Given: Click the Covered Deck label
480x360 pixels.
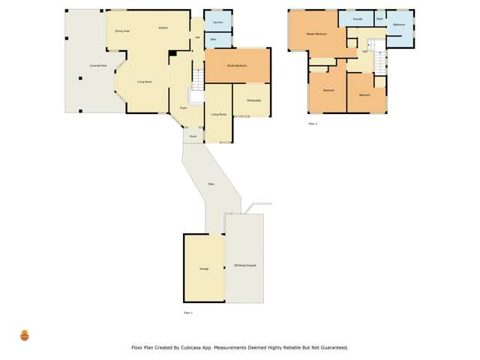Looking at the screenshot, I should [x=98, y=66].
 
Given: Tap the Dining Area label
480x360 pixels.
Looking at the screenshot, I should [x=122, y=31].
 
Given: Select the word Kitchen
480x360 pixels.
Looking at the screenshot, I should [x=163, y=28].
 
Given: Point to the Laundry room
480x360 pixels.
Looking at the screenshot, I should [x=217, y=22].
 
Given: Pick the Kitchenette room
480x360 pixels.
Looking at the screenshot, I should [x=253, y=100].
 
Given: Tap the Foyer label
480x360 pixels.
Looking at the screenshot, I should [x=182, y=108].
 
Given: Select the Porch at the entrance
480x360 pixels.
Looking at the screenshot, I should [x=193, y=136].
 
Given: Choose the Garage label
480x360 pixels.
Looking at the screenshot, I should [x=204, y=268].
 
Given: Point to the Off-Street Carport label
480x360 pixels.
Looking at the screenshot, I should [x=244, y=265].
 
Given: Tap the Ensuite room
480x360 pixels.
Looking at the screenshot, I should [x=358, y=18].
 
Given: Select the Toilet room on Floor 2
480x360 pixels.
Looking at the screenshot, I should [x=379, y=18].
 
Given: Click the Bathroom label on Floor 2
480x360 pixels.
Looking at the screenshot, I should [x=399, y=25].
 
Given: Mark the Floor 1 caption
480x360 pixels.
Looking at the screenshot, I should [x=188, y=312].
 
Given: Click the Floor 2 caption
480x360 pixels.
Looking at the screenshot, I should [x=313, y=124].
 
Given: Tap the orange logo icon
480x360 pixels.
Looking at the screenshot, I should [x=24, y=336].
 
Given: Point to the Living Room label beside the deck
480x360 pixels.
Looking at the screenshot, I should [x=145, y=81].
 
